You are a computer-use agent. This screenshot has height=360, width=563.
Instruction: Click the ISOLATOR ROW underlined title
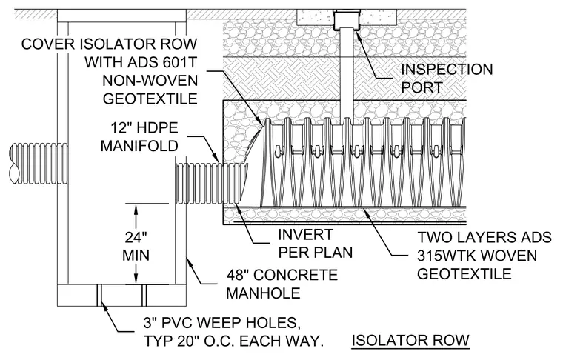click(x=410, y=340)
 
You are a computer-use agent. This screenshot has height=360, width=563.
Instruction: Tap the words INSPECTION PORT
click(x=447, y=79)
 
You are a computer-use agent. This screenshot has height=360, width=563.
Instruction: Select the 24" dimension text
click(x=136, y=237)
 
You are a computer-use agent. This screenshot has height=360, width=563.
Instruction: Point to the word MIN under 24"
click(x=136, y=256)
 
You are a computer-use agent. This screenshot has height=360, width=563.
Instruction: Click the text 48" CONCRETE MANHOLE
click(x=282, y=284)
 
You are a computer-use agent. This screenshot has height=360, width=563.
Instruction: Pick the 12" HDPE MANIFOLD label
click(x=140, y=137)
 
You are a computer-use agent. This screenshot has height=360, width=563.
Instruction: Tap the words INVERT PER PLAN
click(x=316, y=244)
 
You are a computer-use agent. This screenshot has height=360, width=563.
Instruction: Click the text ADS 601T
click(x=162, y=62)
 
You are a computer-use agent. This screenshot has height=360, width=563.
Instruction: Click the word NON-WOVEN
click(x=150, y=81)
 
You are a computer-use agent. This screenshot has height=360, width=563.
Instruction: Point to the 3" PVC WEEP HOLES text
click(x=222, y=323)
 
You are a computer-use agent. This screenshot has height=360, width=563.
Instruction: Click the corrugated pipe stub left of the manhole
click(x=39, y=164)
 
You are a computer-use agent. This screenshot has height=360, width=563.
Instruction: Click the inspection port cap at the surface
click(x=347, y=21)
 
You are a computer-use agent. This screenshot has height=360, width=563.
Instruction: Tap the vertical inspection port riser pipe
click(x=347, y=74)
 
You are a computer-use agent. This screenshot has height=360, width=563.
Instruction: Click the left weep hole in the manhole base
click(x=99, y=296)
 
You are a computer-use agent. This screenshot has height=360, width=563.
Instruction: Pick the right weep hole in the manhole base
click(x=144, y=296)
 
